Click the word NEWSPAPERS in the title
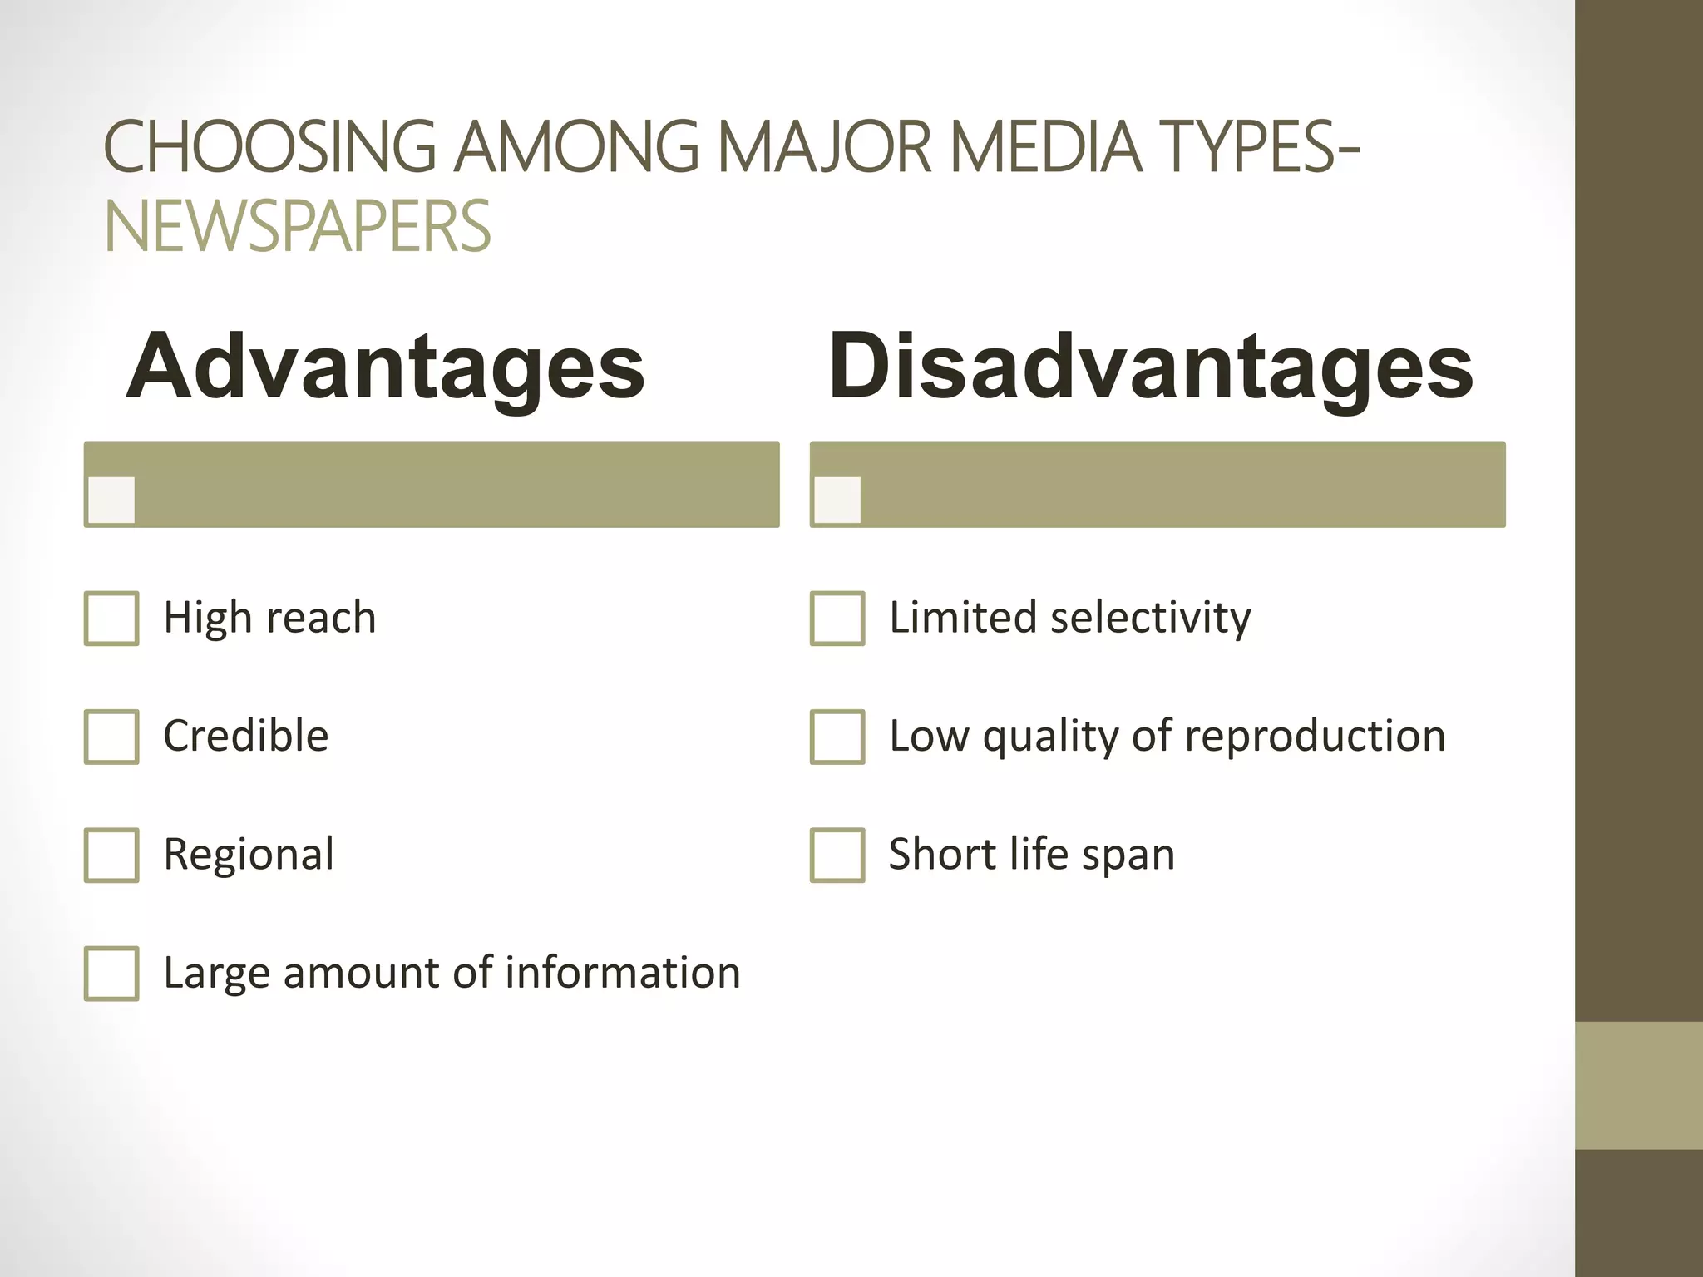click(x=298, y=226)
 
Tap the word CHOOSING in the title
click(x=269, y=147)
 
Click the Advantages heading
click(x=385, y=367)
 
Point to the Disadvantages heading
click(x=1151, y=367)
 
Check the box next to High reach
click(x=111, y=619)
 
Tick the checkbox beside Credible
click(x=111, y=737)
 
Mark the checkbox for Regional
click(x=111, y=855)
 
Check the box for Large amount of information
click(x=111, y=973)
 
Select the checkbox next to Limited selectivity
click(x=837, y=619)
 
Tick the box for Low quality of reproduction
click(x=837, y=737)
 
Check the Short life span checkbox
click(x=837, y=855)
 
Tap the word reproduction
click(x=1316, y=737)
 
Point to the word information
click(x=623, y=973)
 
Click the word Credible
click(x=246, y=737)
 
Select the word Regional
click(x=249, y=855)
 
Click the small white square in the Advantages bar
click(x=111, y=500)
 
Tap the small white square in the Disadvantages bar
click(x=837, y=500)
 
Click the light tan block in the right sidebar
click(x=1639, y=1085)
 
